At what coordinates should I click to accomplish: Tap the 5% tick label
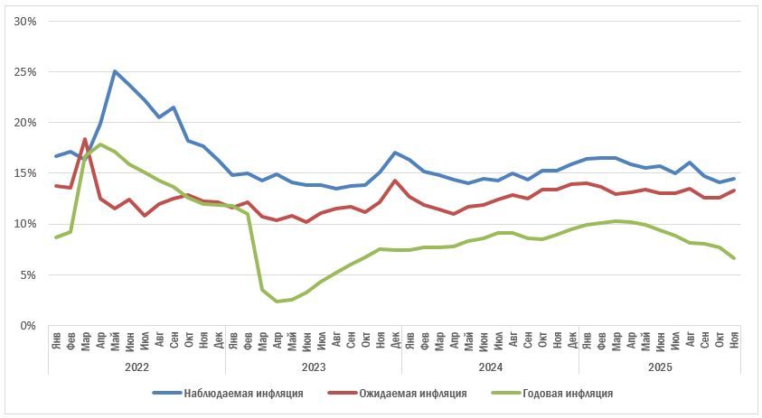point(28,274)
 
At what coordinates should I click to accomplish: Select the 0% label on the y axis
point(28,325)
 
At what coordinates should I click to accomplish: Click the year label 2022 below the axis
point(136,367)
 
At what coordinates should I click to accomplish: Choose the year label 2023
point(314,367)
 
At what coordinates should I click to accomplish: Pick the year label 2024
point(491,367)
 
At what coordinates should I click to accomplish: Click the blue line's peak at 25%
point(115,70)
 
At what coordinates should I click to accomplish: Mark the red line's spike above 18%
point(85,139)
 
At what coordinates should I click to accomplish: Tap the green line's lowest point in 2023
point(277,301)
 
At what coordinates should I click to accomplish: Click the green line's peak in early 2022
point(99,144)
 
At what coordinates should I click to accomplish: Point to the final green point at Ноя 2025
point(733,258)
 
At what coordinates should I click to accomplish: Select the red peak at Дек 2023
point(394,181)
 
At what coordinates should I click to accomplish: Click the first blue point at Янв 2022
point(56,156)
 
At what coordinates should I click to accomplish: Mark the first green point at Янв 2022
point(56,237)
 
